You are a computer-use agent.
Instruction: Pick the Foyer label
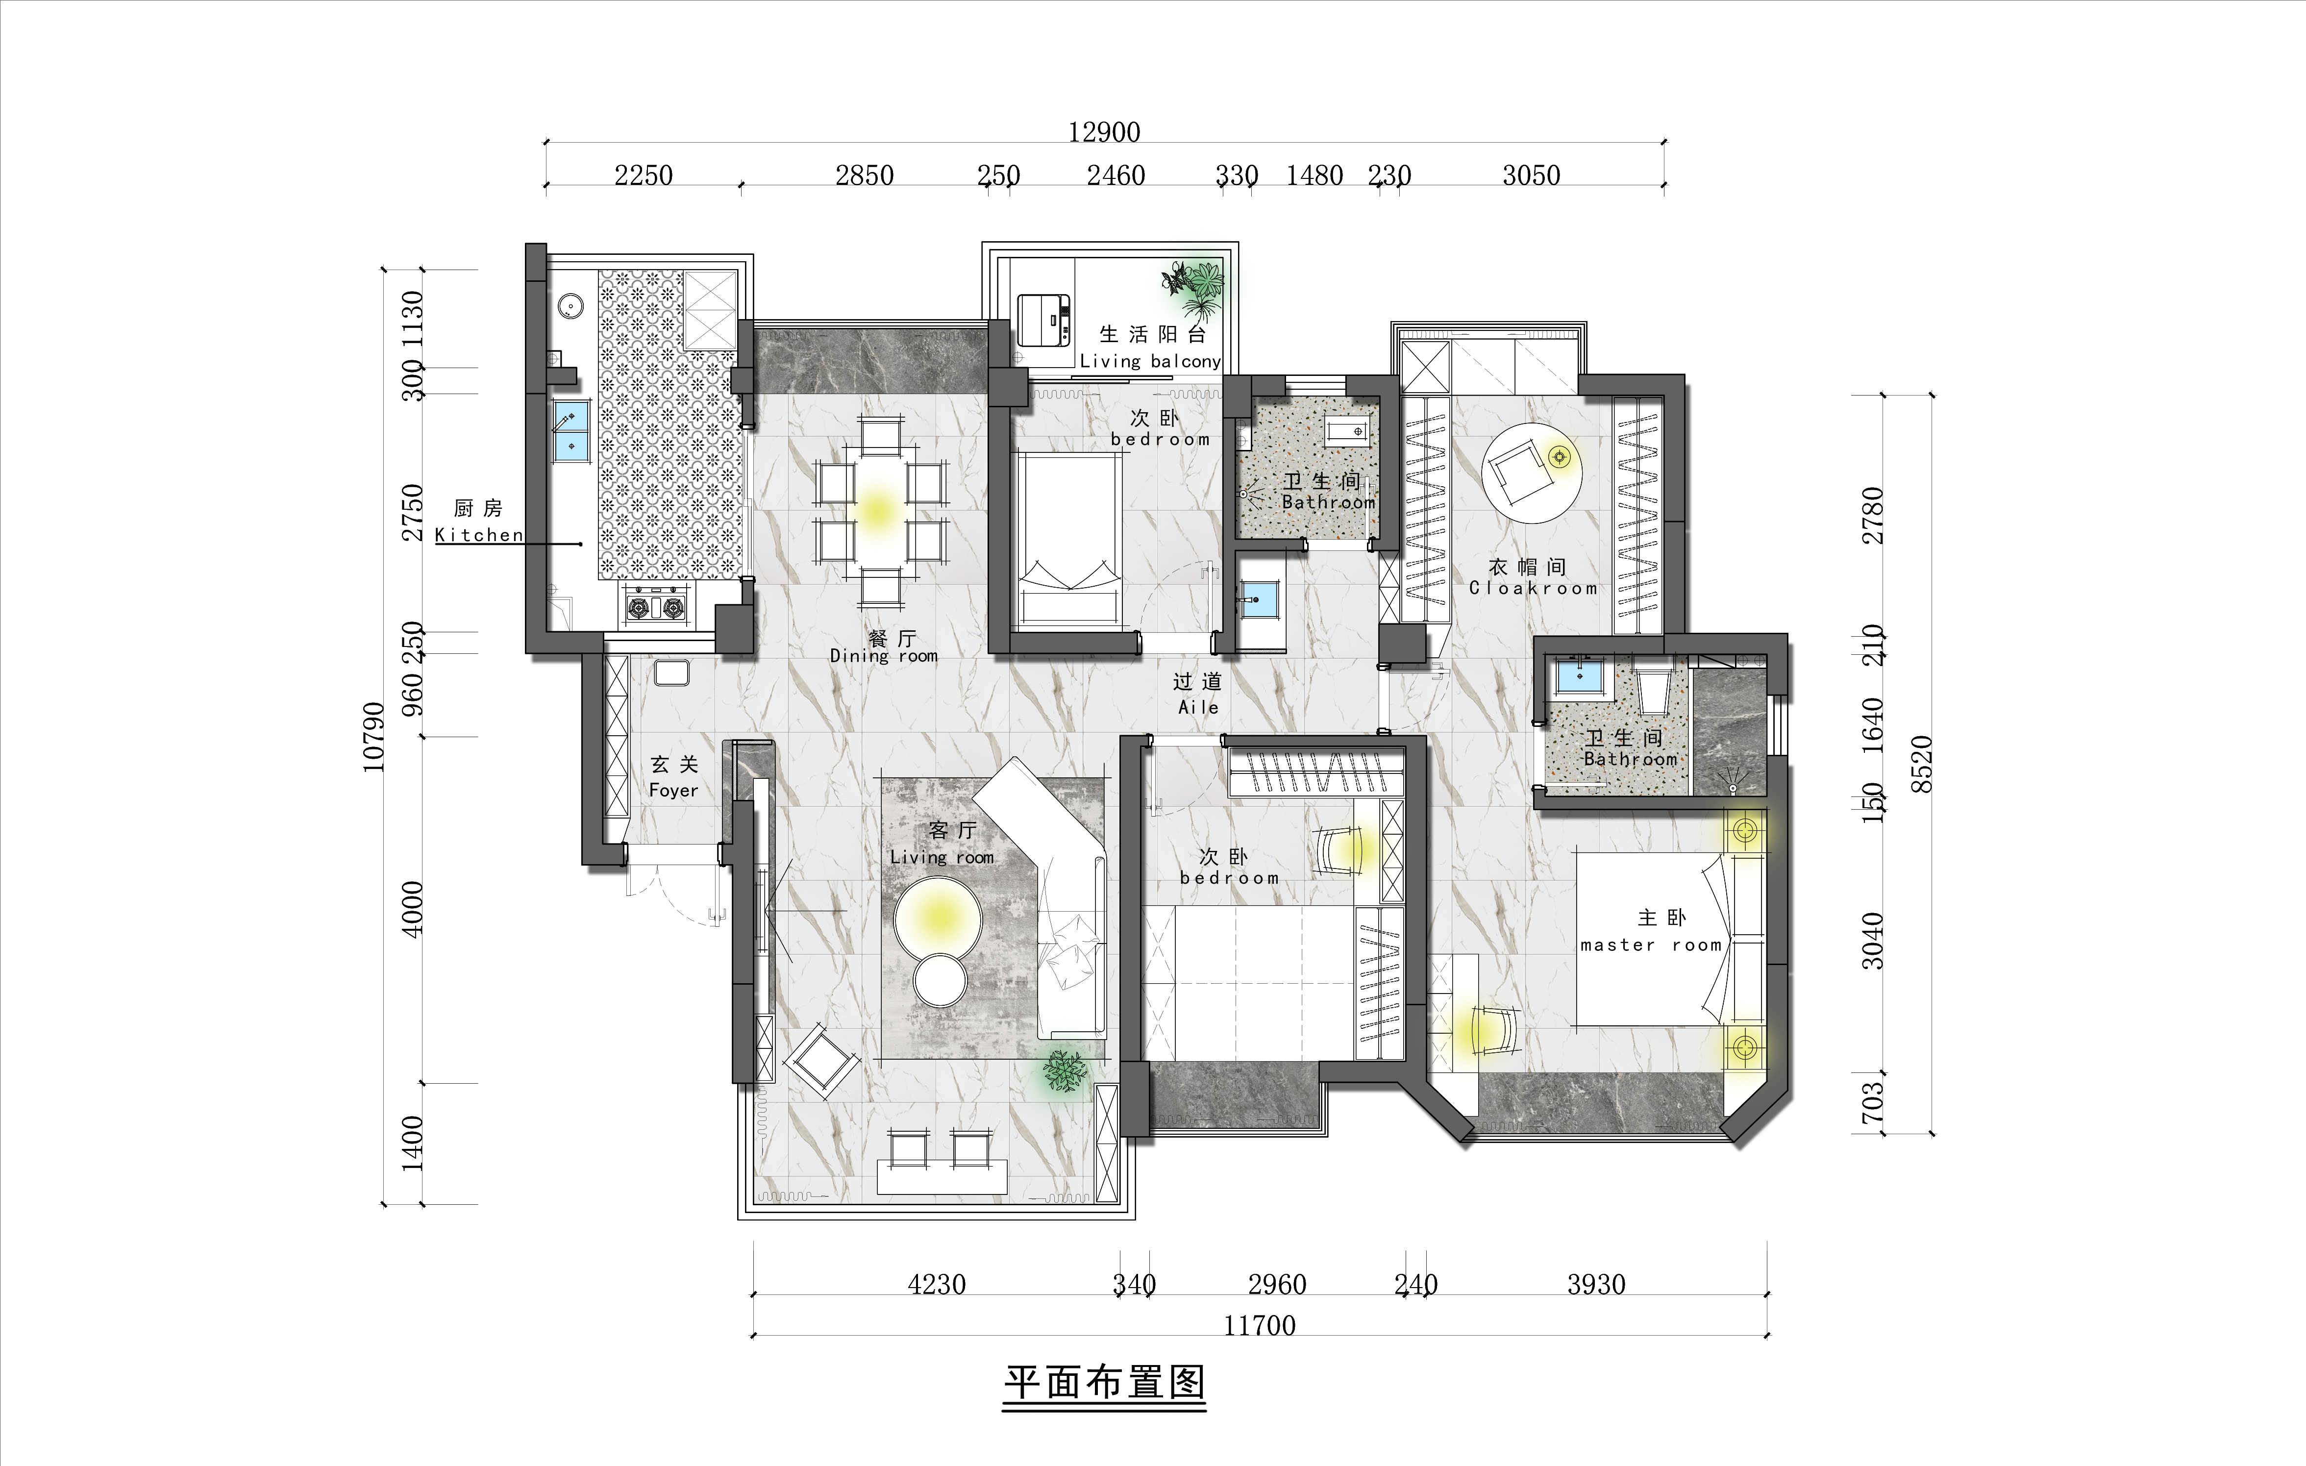[x=673, y=790]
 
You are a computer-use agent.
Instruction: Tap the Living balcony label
[x=1150, y=361]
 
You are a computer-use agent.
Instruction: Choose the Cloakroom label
[x=1533, y=588]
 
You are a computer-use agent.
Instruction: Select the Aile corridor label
[x=1198, y=707]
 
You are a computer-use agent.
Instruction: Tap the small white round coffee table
[x=942, y=981]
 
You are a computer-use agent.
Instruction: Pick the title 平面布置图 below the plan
[x=1104, y=1383]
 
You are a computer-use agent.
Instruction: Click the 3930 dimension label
[x=1596, y=1284]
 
